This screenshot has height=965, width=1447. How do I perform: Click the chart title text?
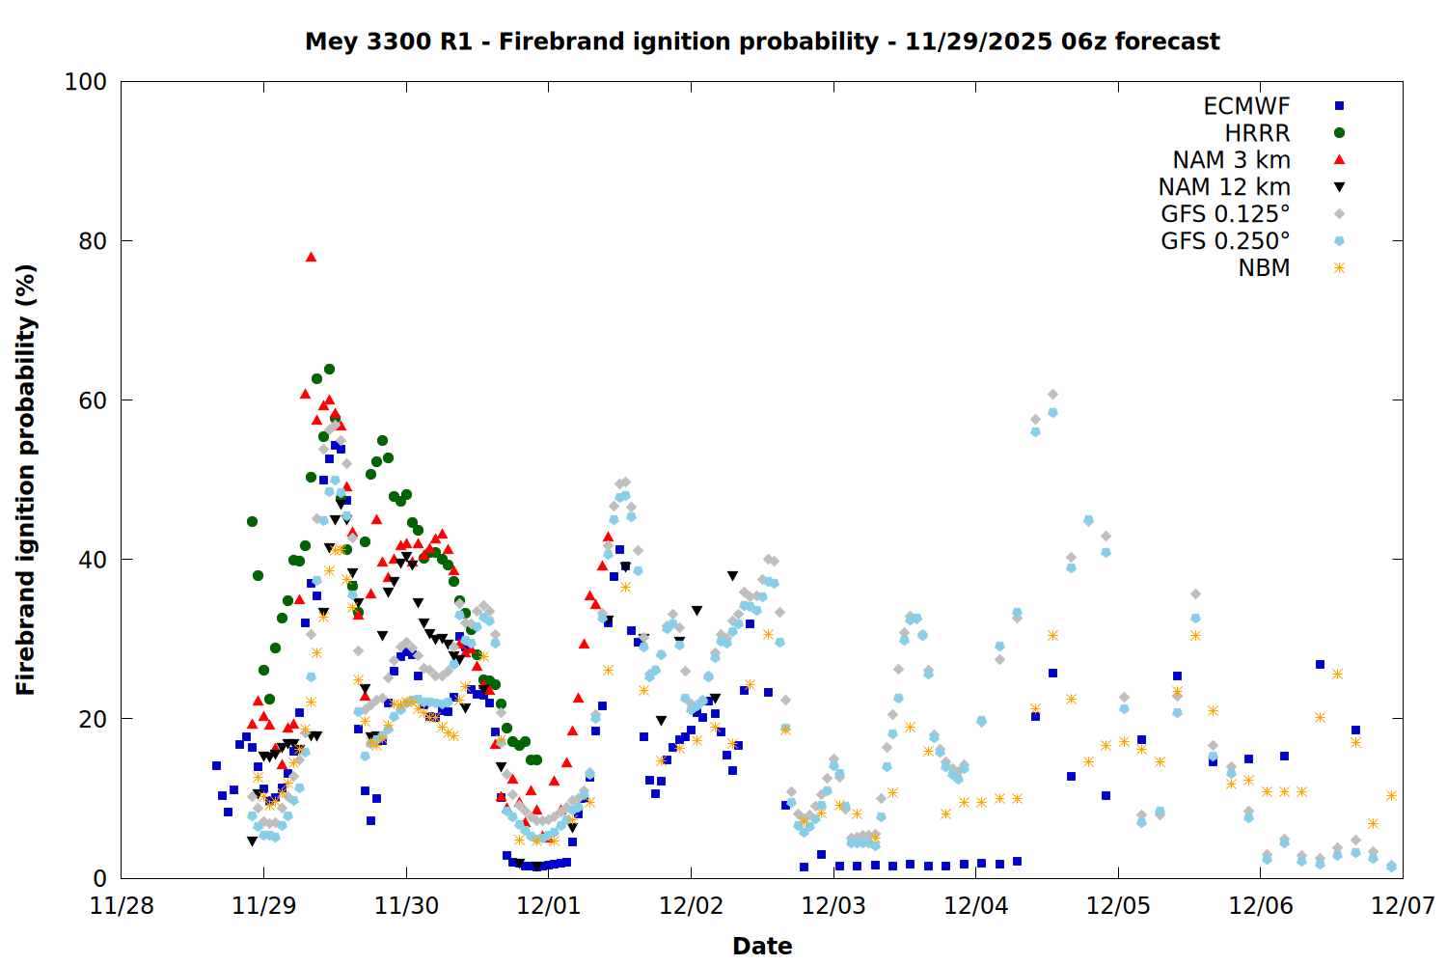[x=762, y=41]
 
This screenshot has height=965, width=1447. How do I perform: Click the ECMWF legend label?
[x=1246, y=106]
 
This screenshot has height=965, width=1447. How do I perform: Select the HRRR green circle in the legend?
[x=1339, y=133]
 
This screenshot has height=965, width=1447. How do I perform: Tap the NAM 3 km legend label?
[x=1231, y=160]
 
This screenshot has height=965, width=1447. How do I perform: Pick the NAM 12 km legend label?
[x=1224, y=187]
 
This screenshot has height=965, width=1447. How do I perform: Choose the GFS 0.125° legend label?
[x=1225, y=214]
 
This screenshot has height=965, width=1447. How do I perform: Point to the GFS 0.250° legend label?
[x=1225, y=241]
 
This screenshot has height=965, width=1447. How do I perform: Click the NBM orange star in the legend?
[x=1339, y=268]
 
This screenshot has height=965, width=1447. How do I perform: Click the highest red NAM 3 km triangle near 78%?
[x=311, y=257]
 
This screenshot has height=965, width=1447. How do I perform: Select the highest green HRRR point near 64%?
[x=329, y=369]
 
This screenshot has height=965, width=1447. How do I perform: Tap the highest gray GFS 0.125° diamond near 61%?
[x=1052, y=394]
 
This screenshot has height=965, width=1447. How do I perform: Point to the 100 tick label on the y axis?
[x=86, y=82]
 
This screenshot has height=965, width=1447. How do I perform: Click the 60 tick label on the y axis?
[x=92, y=400]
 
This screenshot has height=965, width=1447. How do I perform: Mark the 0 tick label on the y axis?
[x=99, y=878]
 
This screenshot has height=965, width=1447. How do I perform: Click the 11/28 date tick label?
[x=122, y=906]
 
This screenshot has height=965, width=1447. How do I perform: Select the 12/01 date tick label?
[x=548, y=906]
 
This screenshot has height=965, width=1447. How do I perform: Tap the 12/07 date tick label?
[x=1403, y=906]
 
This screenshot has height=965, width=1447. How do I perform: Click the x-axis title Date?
[x=762, y=946]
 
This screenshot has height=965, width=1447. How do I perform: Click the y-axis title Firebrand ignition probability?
[x=26, y=480]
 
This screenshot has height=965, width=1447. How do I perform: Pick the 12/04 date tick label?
[x=975, y=906]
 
